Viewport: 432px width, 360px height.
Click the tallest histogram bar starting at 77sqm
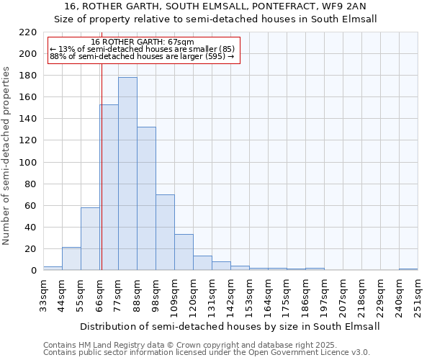[127, 174]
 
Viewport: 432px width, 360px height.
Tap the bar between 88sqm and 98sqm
[146, 199]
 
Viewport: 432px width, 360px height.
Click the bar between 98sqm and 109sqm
[165, 233]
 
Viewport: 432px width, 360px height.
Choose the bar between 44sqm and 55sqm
[71, 258]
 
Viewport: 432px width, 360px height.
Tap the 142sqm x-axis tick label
[230, 295]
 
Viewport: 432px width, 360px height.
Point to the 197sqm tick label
[324, 295]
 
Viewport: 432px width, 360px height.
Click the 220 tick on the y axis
[28, 32]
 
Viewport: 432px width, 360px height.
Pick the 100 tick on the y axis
[28, 162]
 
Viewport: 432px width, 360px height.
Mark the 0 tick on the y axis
[33, 271]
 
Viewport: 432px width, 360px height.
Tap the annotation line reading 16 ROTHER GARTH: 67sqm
[143, 42]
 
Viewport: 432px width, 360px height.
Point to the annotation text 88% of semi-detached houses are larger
[142, 57]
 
